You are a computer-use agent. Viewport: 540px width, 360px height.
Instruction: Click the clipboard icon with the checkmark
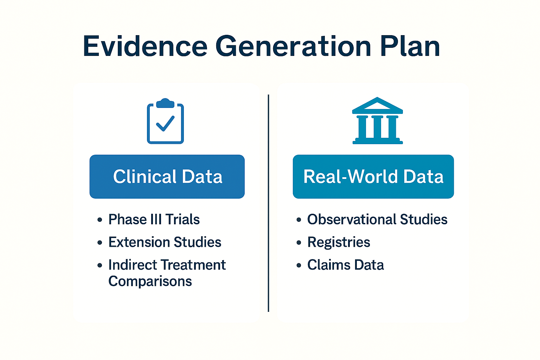(165, 121)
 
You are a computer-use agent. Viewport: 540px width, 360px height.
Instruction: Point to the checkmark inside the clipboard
(165, 123)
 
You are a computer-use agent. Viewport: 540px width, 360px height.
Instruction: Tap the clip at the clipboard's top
(165, 103)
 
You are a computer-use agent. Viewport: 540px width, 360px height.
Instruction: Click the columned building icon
(378, 121)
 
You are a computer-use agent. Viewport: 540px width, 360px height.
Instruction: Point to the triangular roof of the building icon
(378, 105)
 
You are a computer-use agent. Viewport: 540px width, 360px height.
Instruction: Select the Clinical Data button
(167, 176)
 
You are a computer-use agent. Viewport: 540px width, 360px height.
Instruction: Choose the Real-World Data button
(373, 176)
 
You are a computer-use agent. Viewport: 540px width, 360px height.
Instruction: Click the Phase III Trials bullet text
(154, 219)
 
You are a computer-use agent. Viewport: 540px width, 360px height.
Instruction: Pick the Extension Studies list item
(165, 242)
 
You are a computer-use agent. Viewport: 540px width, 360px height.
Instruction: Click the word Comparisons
(150, 281)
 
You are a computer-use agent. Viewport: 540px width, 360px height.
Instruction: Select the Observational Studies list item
(377, 219)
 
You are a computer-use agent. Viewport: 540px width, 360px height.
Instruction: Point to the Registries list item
(339, 242)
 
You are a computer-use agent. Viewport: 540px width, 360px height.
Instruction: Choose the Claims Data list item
(346, 265)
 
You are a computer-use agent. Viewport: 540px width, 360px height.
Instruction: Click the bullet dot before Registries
(299, 242)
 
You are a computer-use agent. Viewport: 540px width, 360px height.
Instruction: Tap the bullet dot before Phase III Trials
(100, 220)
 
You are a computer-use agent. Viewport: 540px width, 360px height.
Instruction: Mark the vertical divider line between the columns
(268, 203)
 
